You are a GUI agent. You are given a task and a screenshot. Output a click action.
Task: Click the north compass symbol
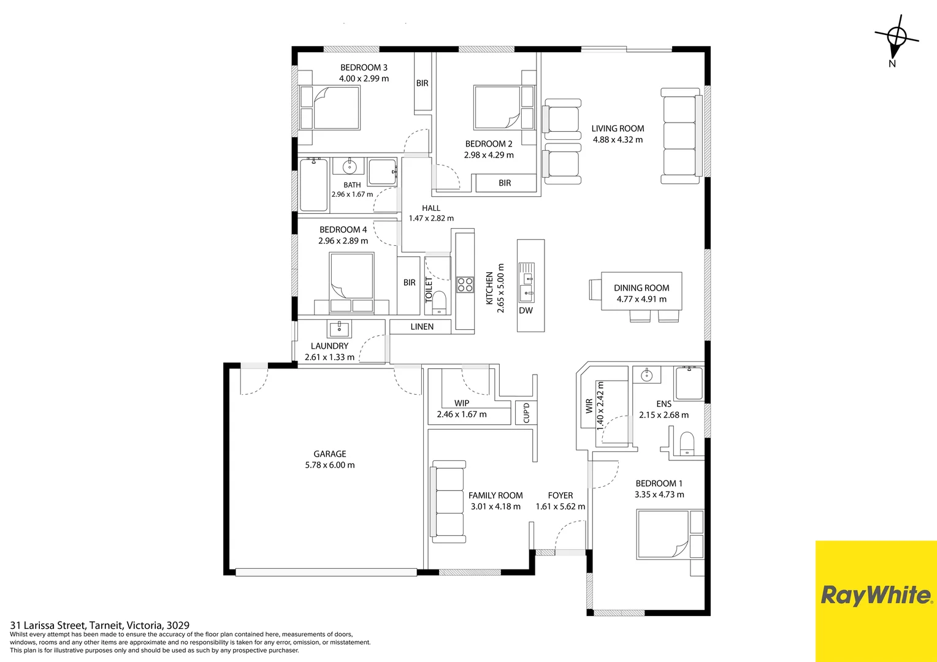coord(895,40)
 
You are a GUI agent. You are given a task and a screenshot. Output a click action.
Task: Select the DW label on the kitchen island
coord(526,310)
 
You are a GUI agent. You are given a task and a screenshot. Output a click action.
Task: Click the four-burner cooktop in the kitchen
coord(465,284)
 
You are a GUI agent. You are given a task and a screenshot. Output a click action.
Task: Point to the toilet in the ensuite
coord(687,444)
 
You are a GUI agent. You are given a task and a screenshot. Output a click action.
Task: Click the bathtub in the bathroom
coord(314,185)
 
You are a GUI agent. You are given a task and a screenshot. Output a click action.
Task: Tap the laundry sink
coord(339,329)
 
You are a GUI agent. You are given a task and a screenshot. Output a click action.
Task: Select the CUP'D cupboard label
coord(526,413)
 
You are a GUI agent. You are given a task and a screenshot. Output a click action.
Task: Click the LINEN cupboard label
coord(422,327)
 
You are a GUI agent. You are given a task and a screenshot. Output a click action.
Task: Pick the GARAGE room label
coord(330,454)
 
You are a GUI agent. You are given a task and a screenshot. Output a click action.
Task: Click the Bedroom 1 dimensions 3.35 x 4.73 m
coord(659,494)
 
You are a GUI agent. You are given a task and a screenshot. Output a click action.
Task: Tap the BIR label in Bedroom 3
coord(422,83)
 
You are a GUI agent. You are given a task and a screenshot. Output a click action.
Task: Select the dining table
coord(641,291)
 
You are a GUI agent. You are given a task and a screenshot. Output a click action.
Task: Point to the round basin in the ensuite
coord(647,375)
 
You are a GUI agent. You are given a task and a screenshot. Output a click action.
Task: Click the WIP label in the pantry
coord(462,403)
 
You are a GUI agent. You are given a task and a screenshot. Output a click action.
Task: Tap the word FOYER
coord(560,495)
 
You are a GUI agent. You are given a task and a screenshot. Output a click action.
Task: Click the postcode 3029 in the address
coord(178,625)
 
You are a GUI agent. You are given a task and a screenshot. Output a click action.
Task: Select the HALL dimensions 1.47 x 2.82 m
coord(431,218)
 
